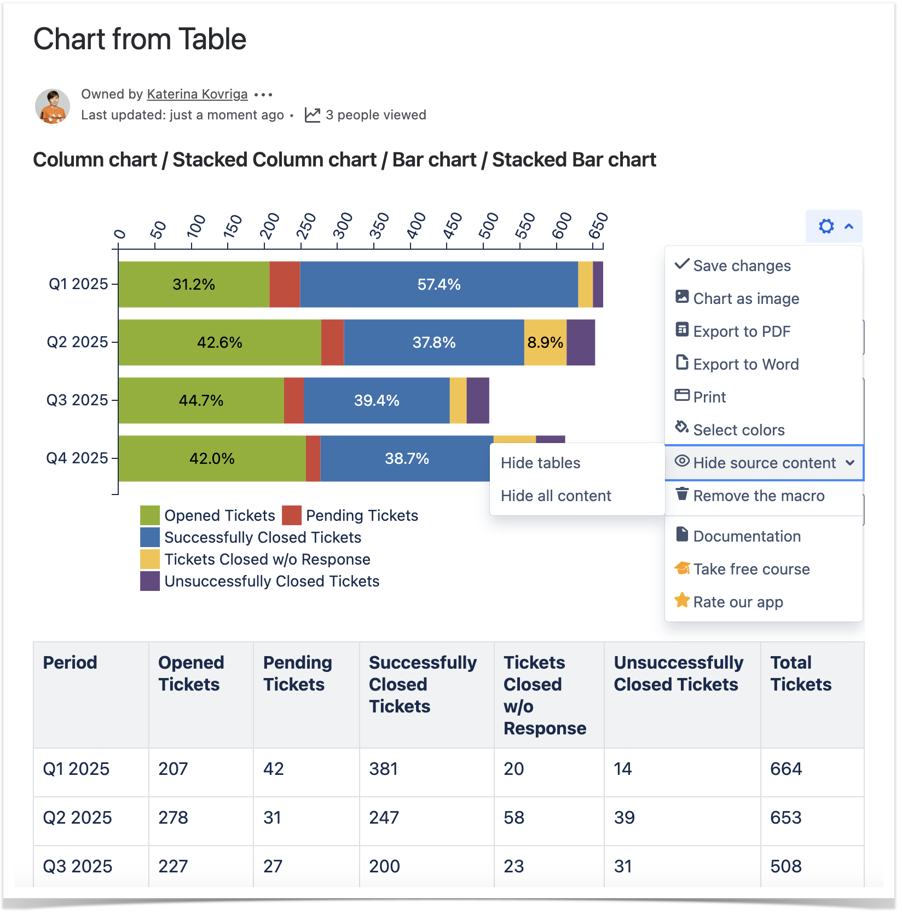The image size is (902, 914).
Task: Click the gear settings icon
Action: (826, 226)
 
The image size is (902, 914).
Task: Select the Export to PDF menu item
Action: (741, 331)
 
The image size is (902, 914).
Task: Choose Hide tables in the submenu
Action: (540, 463)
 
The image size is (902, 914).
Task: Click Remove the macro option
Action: (758, 496)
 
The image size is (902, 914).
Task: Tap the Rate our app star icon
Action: (682, 601)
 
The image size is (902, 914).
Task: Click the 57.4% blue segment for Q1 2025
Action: (438, 284)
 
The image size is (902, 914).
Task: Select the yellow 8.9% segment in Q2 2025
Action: (545, 342)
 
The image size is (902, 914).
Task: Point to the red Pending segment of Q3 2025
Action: (294, 400)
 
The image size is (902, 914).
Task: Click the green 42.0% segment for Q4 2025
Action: (212, 458)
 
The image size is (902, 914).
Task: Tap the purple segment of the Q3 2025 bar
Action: (478, 400)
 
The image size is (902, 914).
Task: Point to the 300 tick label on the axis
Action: (343, 226)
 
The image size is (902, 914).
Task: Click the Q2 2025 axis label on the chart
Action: (77, 342)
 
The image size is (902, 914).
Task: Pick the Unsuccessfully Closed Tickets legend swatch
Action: (150, 581)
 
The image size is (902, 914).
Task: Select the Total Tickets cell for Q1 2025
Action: (786, 769)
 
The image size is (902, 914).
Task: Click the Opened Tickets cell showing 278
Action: (173, 818)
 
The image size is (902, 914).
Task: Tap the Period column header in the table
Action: (70, 663)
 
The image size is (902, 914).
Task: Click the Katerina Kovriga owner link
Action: (197, 94)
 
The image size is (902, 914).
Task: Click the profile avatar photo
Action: (53, 106)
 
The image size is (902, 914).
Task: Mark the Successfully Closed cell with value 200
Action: (384, 866)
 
